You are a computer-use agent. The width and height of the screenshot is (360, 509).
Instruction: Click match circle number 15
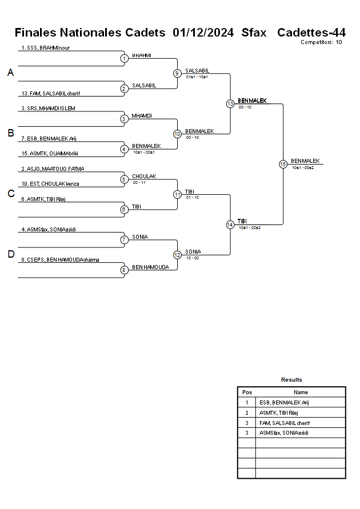click(283, 164)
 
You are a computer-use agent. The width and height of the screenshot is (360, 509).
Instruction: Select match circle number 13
click(230, 104)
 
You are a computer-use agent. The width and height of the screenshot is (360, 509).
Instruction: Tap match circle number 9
click(177, 74)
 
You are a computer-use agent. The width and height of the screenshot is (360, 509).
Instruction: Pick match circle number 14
click(230, 225)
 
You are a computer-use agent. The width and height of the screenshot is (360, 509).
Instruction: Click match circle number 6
click(124, 210)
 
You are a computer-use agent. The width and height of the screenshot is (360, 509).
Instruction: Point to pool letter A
click(10, 73)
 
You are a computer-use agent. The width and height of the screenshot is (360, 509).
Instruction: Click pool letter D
click(10, 254)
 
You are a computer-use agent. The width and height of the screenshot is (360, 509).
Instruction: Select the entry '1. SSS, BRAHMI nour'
click(45, 48)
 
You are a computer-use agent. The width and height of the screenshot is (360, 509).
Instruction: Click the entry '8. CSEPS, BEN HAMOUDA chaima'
click(60, 260)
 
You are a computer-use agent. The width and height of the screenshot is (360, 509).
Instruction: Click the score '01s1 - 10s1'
click(197, 77)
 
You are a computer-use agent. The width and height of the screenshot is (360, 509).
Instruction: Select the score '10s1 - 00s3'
click(250, 228)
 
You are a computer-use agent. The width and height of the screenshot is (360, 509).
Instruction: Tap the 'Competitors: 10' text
click(321, 42)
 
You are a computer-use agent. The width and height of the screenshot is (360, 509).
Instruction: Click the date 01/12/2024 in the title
click(203, 33)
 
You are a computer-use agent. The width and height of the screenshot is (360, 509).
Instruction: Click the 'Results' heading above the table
click(291, 380)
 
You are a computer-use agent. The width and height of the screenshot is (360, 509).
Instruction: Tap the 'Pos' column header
click(247, 392)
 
